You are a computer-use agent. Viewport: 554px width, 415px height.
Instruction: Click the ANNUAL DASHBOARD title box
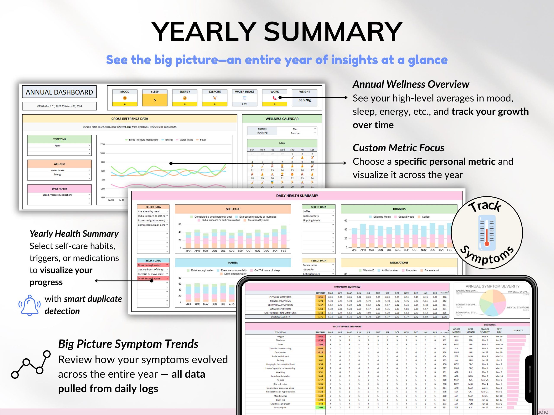point(59,92)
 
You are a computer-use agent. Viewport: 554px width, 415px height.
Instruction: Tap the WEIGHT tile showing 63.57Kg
point(304,98)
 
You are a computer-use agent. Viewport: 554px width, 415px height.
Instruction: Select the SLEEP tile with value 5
point(155,98)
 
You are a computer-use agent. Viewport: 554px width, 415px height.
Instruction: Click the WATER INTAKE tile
point(245,98)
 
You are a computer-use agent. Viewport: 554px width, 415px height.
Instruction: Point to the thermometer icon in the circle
point(487,233)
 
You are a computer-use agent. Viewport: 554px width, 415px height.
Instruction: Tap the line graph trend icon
point(31,364)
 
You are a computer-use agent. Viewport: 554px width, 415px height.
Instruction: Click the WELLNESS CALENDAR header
point(282,119)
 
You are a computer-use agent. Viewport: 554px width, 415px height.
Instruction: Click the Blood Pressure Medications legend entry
point(142,140)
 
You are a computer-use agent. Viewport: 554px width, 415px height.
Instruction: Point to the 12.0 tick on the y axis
point(102,144)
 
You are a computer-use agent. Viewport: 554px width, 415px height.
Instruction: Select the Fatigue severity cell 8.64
point(320,337)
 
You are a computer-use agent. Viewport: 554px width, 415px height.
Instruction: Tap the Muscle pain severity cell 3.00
point(320,407)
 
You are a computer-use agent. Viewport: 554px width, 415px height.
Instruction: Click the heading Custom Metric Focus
point(398,148)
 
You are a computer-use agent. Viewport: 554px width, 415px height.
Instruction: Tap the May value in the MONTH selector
point(295,129)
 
